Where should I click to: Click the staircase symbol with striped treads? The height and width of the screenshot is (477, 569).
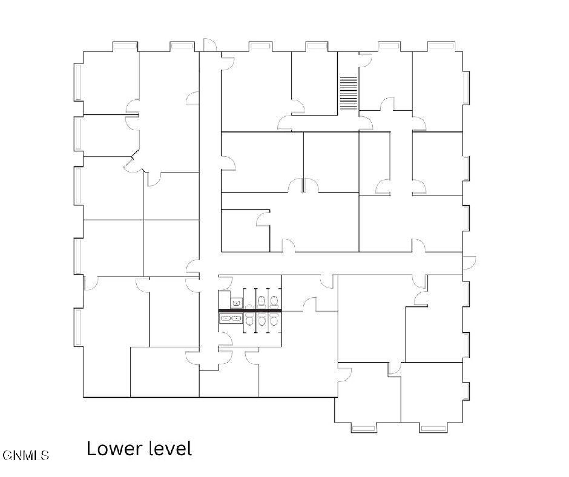[x=348, y=93]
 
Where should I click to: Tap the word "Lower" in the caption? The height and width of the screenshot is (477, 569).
[x=115, y=449]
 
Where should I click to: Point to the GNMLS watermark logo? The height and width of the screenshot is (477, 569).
[x=26, y=455]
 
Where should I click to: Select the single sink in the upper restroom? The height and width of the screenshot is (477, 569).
[x=237, y=303]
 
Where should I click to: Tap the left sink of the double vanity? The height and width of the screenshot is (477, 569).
[x=225, y=318]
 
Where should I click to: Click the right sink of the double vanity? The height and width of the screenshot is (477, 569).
[x=236, y=318]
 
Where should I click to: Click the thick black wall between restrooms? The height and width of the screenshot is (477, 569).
[x=250, y=311]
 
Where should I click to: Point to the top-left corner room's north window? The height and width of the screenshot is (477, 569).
[x=125, y=46]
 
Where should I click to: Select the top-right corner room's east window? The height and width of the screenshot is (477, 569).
[x=466, y=88]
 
